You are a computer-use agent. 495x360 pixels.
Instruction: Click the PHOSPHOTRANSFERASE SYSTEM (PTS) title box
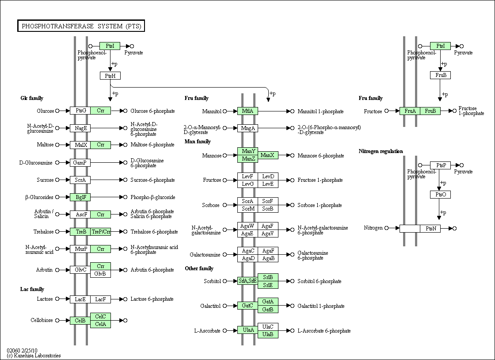(x=81, y=26)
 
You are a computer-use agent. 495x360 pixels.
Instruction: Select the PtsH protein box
(x=110, y=76)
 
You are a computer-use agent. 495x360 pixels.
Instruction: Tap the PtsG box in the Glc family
(x=80, y=111)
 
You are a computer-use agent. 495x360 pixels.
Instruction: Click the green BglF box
(x=80, y=197)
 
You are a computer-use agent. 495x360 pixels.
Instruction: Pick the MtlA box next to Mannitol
(x=247, y=111)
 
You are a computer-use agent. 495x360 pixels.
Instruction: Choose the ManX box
(x=268, y=155)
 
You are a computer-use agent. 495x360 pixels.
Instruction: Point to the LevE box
(x=268, y=184)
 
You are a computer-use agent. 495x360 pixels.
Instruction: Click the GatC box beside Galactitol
(x=247, y=306)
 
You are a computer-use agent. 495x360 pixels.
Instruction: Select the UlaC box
(x=268, y=326)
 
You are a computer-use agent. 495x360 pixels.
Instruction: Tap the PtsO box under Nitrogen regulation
(x=440, y=195)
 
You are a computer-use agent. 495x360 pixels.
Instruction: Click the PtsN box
(x=430, y=228)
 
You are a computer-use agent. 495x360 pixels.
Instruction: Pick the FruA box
(x=410, y=111)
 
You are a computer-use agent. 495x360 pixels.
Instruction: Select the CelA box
(x=100, y=324)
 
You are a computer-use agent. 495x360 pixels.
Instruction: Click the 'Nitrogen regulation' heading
(x=381, y=151)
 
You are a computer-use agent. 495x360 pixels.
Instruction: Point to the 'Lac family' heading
(x=32, y=289)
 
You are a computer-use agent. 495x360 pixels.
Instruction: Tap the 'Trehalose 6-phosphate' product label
(x=154, y=232)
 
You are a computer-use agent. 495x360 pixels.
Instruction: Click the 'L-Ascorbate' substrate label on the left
(x=207, y=331)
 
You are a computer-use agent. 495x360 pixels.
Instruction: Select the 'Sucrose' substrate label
(x=45, y=180)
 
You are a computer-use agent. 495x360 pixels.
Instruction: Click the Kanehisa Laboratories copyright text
(x=34, y=356)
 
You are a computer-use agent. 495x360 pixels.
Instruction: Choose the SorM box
(x=247, y=209)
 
